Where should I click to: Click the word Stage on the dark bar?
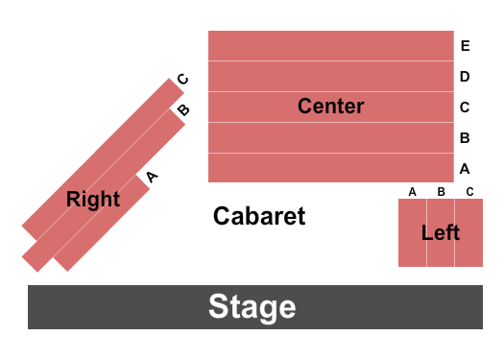click(x=252, y=307)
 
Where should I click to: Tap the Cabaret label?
click(x=259, y=216)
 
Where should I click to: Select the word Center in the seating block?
click(x=330, y=106)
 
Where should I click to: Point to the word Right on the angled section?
click(x=93, y=199)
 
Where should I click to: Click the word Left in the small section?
click(x=440, y=232)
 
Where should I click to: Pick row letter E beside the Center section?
click(x=465, y=45)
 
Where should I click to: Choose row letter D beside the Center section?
click(x=465, y=76)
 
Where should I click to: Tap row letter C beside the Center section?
click(x=465, y=107)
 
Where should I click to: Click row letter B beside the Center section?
click(x=465, y=137)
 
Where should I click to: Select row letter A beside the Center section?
click(x=465, y=168)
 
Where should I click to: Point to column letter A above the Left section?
click(x=412, y=191)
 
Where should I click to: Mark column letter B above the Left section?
click(x=441, y=191)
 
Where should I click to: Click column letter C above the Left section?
click(x=469, y=191)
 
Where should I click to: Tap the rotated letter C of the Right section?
click(x=182, y=80)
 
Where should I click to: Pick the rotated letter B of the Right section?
click(x=183, y=109)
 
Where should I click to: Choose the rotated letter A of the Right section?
click(x=151, y=176)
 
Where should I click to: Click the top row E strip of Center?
click(x=330, y=45)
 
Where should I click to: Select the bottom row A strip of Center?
click(x=330, y=168)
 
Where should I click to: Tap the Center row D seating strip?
click(x=330, y=76)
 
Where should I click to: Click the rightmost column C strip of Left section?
click(x=468, y=233)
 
